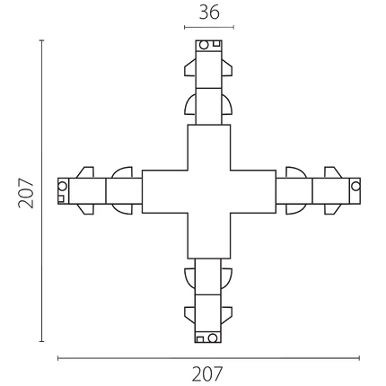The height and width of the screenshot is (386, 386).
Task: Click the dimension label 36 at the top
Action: tap(209, 13)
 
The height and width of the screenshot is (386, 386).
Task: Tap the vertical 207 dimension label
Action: tap(26, 193)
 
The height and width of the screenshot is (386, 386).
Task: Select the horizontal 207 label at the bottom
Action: tap(207, 373)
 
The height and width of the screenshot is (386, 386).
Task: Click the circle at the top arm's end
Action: tap(204, 45)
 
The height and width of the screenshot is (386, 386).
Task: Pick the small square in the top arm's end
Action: tap(216, 44)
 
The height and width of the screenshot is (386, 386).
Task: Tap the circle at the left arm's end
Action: tap(62, 186)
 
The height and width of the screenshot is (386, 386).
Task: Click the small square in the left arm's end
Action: tap(61, 199)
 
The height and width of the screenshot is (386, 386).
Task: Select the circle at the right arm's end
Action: tap(355, 186)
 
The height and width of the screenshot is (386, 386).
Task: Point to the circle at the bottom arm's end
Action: tap(213, 338)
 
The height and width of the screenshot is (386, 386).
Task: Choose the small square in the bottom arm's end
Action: tap(200, 339)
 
